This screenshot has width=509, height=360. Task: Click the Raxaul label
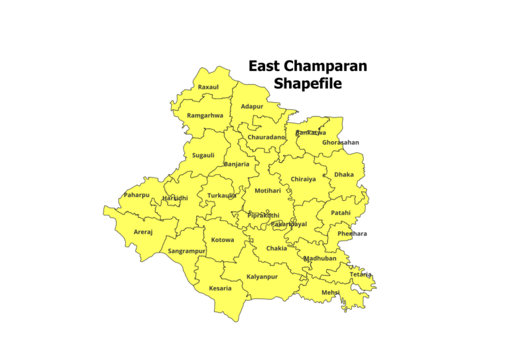208,88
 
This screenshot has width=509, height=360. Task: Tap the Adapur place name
252,107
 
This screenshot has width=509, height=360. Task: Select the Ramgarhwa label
205,115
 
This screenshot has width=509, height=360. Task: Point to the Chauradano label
266,137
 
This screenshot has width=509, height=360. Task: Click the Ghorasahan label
341,143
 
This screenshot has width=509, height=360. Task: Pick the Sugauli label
203,156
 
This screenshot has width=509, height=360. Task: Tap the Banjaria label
237,164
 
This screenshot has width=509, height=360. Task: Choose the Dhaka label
344,175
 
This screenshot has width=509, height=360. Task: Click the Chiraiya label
303,179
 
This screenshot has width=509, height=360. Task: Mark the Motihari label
268,191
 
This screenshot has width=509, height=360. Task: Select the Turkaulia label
221,196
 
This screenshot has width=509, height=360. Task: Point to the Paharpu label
137,195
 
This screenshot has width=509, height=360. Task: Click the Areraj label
143,232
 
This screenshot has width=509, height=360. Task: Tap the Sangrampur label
187,251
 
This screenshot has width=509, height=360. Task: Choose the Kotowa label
223,240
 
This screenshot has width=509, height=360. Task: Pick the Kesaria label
220,288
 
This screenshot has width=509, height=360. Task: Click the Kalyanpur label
262,276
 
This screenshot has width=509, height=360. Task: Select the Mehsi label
331,292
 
